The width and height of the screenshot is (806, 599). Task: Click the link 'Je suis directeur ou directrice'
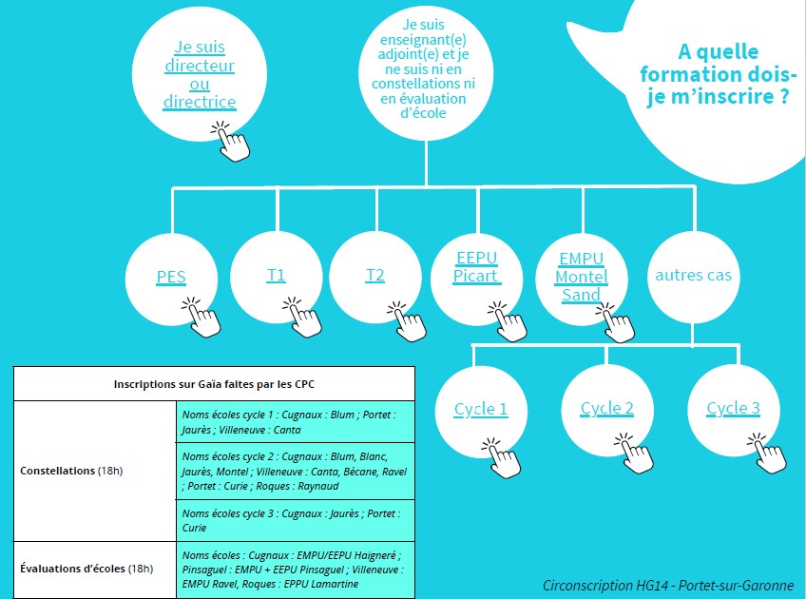[200, 74]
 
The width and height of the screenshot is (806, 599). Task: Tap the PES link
[171, 278]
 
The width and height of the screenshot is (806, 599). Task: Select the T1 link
[277, 276]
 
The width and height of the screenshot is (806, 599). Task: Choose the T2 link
[375, 276]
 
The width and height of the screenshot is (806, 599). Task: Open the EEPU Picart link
[476, 267]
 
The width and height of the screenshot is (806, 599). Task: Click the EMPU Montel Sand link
[581, 277]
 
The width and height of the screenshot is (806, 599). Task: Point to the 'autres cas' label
[694, 276]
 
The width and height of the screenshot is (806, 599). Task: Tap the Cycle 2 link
[607, 409]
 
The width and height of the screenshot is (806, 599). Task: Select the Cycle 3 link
[733, 409]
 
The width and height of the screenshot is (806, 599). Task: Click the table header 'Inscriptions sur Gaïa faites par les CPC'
[214, 384]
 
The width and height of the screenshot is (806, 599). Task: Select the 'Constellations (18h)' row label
[71, 471]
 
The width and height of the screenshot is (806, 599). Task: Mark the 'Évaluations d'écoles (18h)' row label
[86, 569]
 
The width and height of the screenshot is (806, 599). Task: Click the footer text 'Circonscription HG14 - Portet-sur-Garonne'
[668, 585]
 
